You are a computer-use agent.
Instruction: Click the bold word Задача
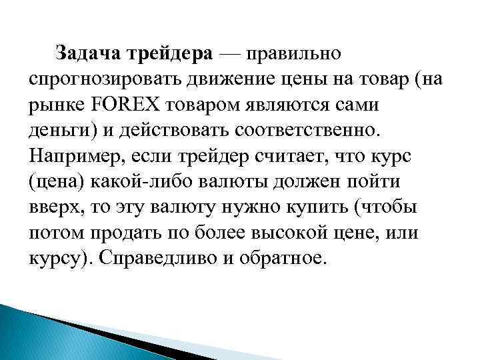[87, 52]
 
